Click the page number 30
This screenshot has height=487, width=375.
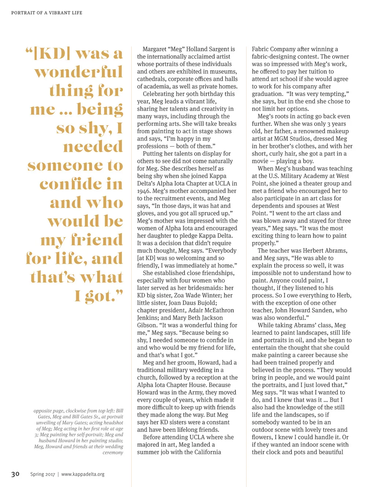[15, 474]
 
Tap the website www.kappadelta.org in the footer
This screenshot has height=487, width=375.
[83, 474]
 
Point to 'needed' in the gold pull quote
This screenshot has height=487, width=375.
[93, 147]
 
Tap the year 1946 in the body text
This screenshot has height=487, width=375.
[144, 191]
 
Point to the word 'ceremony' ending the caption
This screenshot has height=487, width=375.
[113, 453]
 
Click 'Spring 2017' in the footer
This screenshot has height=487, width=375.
[42, 474]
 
